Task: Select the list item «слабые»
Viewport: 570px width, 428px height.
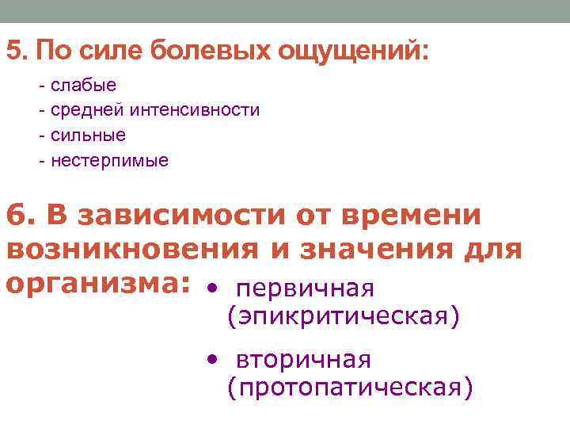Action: [83, 84]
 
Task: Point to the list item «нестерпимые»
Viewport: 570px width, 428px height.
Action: [109, 161]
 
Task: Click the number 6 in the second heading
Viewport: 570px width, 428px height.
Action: [16, 215]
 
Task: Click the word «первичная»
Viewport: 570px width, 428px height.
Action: [305, 289]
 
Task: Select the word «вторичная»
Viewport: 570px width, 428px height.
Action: [303, 360]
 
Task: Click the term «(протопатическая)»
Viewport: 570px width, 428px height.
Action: [350, 387]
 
